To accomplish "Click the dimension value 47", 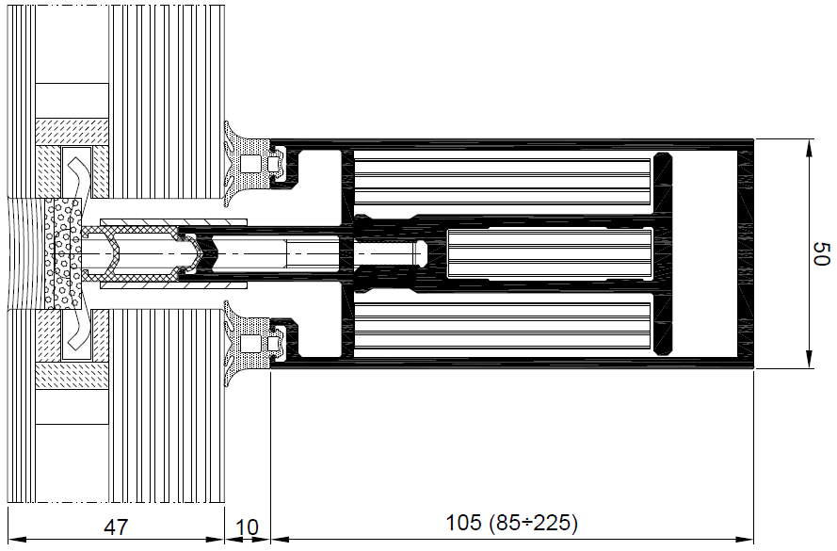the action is (x=116, y=527).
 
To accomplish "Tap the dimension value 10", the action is (x=247, y=527).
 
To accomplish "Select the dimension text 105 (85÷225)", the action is (x=511, y=523).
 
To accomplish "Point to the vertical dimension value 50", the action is (x=821, y=253).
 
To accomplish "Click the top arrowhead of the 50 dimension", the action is (x=810, y=147).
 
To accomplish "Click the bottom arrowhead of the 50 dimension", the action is (x=810, y=360).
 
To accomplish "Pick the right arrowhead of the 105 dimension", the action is (x=745, y=540).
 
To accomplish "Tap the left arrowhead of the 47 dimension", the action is (x=17, y=540).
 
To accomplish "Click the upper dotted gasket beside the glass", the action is (x=248, y=163).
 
